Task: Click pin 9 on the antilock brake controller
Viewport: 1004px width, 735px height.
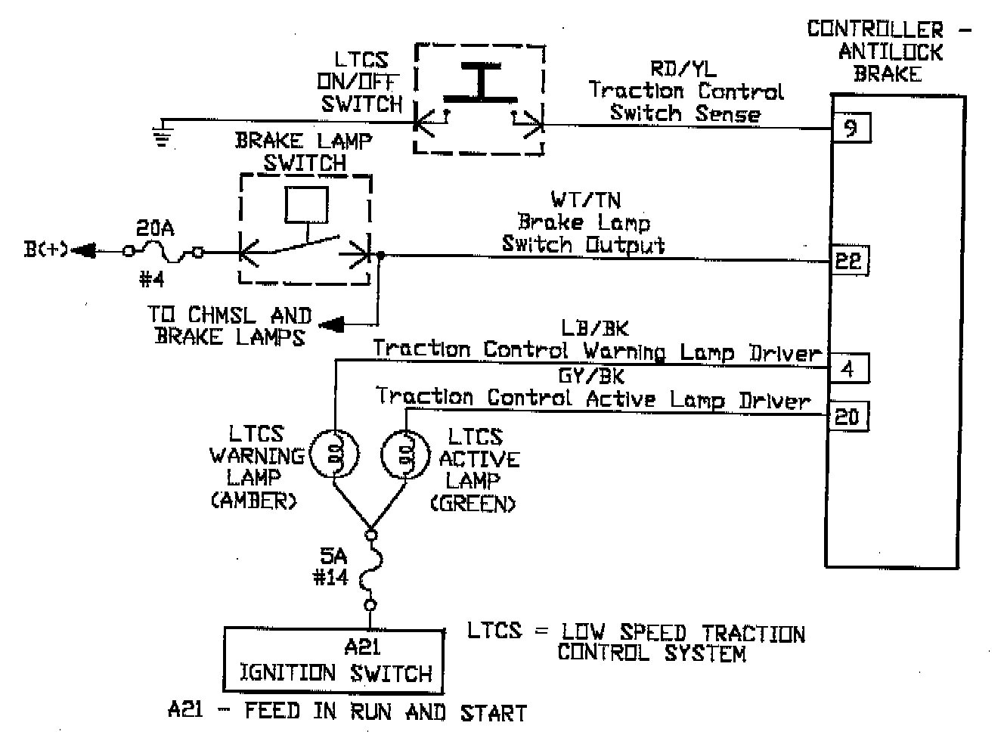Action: point(851,128)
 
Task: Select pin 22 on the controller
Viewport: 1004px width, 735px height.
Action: point(848,261)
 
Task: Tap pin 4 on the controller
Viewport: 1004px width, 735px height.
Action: point(848,368)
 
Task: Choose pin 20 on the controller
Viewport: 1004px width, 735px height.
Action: point(847,416)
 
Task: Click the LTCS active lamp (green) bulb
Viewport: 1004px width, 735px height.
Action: point(404,455)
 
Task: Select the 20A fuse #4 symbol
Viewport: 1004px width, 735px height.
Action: point(164,252)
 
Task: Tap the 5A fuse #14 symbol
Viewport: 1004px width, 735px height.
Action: point(370,569)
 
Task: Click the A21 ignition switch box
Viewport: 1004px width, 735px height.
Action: point(333,660)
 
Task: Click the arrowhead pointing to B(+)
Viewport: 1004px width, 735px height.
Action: point(83,250)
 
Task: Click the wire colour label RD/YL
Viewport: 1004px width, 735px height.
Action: point(683,69)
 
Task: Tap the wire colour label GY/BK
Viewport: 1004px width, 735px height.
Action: point(591,376)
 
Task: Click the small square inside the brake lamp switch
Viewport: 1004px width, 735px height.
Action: point(306,203)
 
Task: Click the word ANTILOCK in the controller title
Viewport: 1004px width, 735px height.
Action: point(891,52)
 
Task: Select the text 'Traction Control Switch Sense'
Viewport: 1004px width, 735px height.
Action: point(686,102)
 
